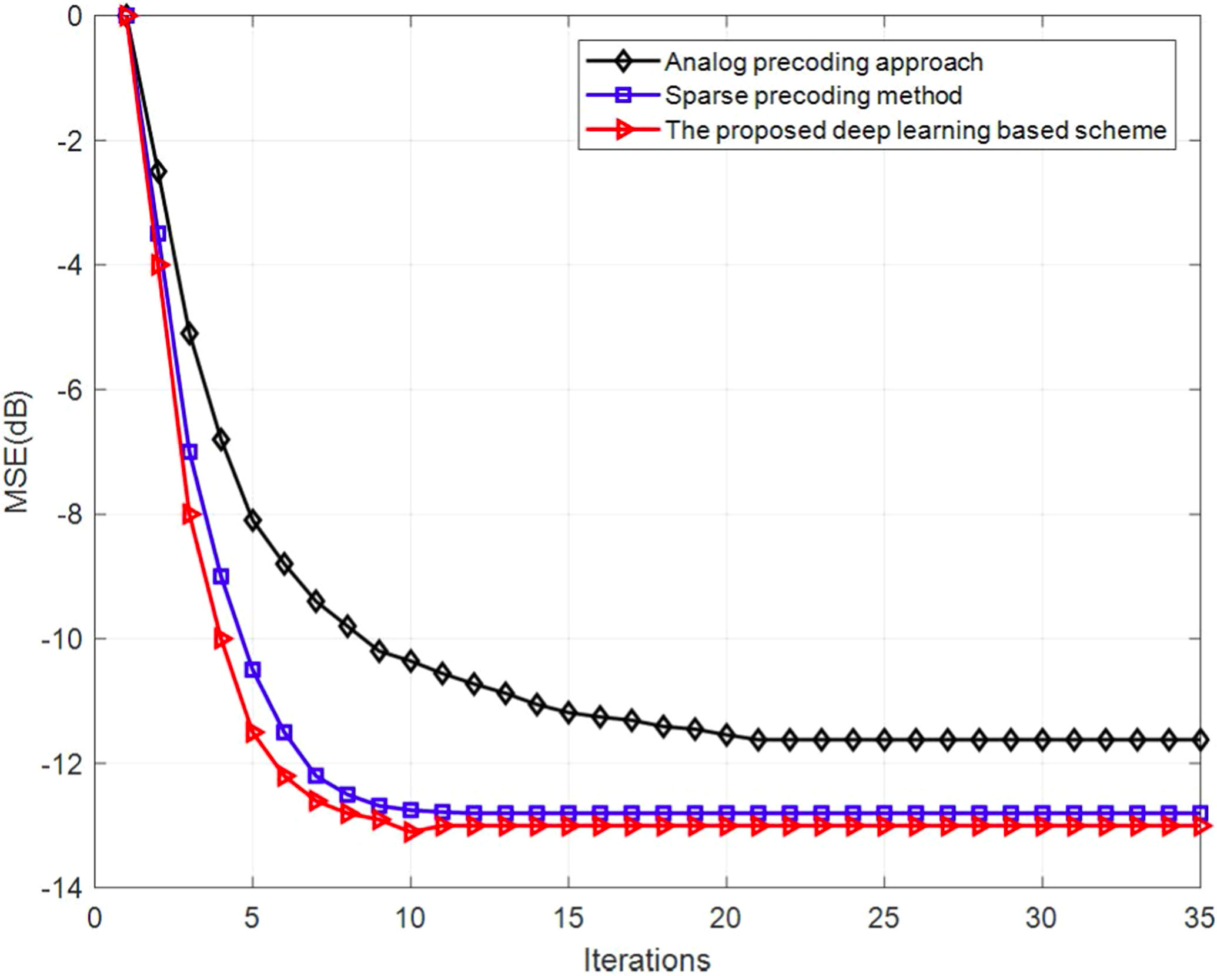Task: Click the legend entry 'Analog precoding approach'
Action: tap(823, 62)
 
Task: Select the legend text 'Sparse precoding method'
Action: tap(813, 96)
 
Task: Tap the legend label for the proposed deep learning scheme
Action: tap(915, 130)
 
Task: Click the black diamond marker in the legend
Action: tap(623, 61)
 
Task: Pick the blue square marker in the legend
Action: tap(623, 95)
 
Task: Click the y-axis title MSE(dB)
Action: tap(16, 451)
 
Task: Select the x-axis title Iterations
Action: tap(647, 960)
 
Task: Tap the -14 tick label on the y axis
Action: tap(61, 888)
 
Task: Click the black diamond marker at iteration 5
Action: tap(253, 521)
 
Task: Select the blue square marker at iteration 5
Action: tap(253, 670)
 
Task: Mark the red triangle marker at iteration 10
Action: tap(411, 832)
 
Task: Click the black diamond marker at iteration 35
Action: tap(1200, 740)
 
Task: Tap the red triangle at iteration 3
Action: tap(190, 514)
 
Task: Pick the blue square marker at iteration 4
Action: tap(221, 577)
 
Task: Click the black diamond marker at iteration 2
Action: tap(158, 172)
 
